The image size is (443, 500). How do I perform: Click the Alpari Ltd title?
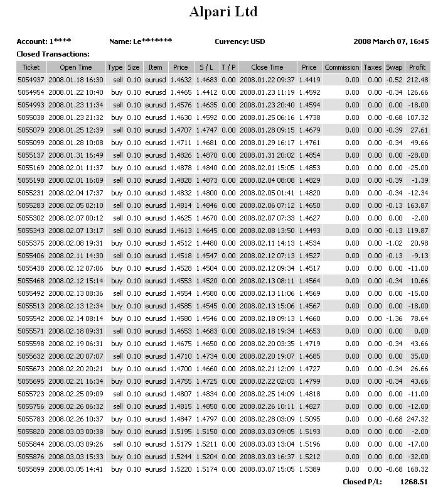[223, 12]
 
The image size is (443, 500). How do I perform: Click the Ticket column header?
[31, 67]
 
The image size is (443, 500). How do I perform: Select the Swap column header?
[394, 67]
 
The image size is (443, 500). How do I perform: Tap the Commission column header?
[342, 67]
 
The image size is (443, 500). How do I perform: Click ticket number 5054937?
[31, 80]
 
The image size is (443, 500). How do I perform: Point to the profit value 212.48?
[417, 80]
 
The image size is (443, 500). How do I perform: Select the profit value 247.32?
[417, 419]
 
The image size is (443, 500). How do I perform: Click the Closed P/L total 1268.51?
[414, 482]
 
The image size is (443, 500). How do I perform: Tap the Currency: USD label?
[240, 42]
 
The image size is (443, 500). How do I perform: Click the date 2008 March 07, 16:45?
[391, 42]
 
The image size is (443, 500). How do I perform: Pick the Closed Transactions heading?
[53, 54]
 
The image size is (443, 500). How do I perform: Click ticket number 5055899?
[31, 469]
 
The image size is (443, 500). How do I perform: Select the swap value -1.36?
[394, 318]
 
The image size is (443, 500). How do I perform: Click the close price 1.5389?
[309, 469]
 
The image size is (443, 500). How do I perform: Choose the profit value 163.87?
[417, 205]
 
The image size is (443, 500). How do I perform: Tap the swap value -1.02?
[394, 243]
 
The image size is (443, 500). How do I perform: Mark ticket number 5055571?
[31, 331]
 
